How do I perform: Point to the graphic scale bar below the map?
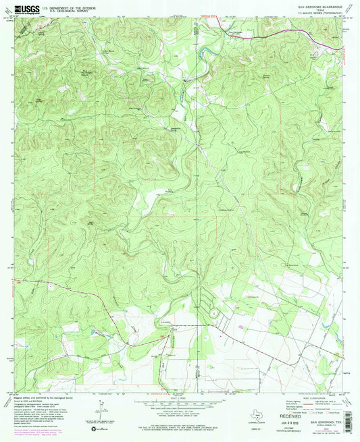click(180, 401)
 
